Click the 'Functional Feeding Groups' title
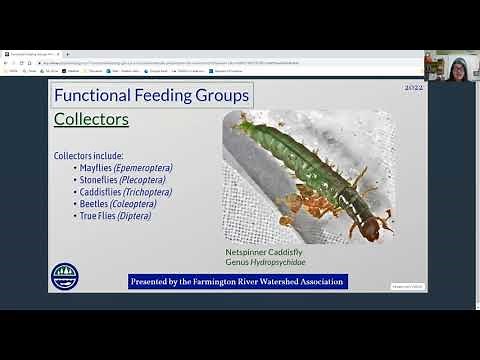pyautogui.click(x=151, y=96)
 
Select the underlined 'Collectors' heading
pyautogui.click(x=91, y=120)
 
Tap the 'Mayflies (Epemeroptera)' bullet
pyautogui.click(x=121, y=168)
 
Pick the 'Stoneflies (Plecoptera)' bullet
pyautogui.click(x=118, y=180)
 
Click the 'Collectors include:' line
pyautogui.click(x=88, y=156)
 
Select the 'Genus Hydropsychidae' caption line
pyautogui.click(x=265, y=262)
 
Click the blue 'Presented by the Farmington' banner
pyautogui.click(x=238, y=282)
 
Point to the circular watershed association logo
pyautogui.click(x=64, y=276)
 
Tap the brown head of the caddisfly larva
pyautogui.click(x=371, y=228)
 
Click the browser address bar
pyautogui.click(x=200, y=62)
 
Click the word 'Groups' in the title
pyautogui.click(x=219, y=96)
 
